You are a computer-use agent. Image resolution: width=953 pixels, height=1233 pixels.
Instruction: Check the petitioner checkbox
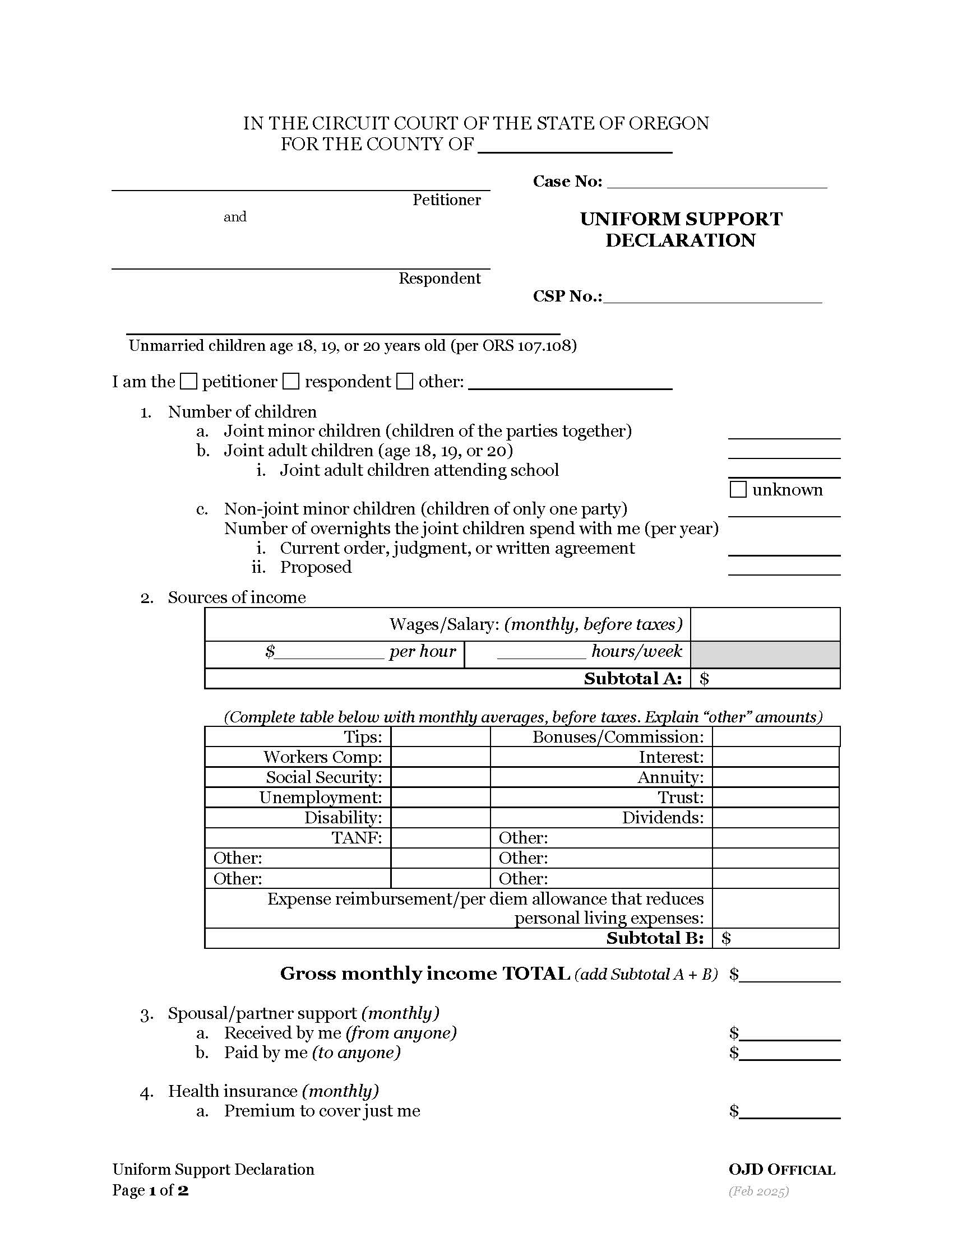point(188,382)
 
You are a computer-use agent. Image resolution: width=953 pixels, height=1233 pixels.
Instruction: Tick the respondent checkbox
point(291,382)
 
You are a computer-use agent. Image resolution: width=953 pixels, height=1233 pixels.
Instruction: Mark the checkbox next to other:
point(404,382)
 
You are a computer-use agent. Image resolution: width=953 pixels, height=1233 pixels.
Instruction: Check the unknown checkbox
point(738,489)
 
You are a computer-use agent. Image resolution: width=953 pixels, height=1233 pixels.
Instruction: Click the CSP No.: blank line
point(713,297)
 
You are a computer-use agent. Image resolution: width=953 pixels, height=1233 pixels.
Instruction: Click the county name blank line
point(575,146)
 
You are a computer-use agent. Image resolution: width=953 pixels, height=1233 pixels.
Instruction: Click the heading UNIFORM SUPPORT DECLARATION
point(681,229)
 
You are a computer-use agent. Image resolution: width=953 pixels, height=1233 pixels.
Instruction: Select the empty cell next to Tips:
point(441,738)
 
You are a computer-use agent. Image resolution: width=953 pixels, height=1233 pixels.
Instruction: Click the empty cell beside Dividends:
point(775,818)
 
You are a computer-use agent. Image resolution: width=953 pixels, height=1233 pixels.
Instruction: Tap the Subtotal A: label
point(633,679)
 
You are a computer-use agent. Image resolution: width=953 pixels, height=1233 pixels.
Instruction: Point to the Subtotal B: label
point(655,938)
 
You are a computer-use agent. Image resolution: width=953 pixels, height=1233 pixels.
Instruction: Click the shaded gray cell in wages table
point(765,654)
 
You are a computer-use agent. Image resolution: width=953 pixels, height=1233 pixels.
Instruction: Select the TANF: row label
point(357,838)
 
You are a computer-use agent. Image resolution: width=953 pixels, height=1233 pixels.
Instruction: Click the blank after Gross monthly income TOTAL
point(789,976)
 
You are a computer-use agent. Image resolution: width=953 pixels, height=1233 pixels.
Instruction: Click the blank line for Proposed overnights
point(784,569)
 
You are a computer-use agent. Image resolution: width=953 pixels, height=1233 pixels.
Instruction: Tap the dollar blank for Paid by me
point(789,1054)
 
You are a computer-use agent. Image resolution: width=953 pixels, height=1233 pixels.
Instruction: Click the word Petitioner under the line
point(446,200)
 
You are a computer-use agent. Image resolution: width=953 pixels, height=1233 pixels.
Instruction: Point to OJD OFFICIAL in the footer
point(781,1170)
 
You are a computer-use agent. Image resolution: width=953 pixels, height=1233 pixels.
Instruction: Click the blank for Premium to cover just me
point(789,1111)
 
